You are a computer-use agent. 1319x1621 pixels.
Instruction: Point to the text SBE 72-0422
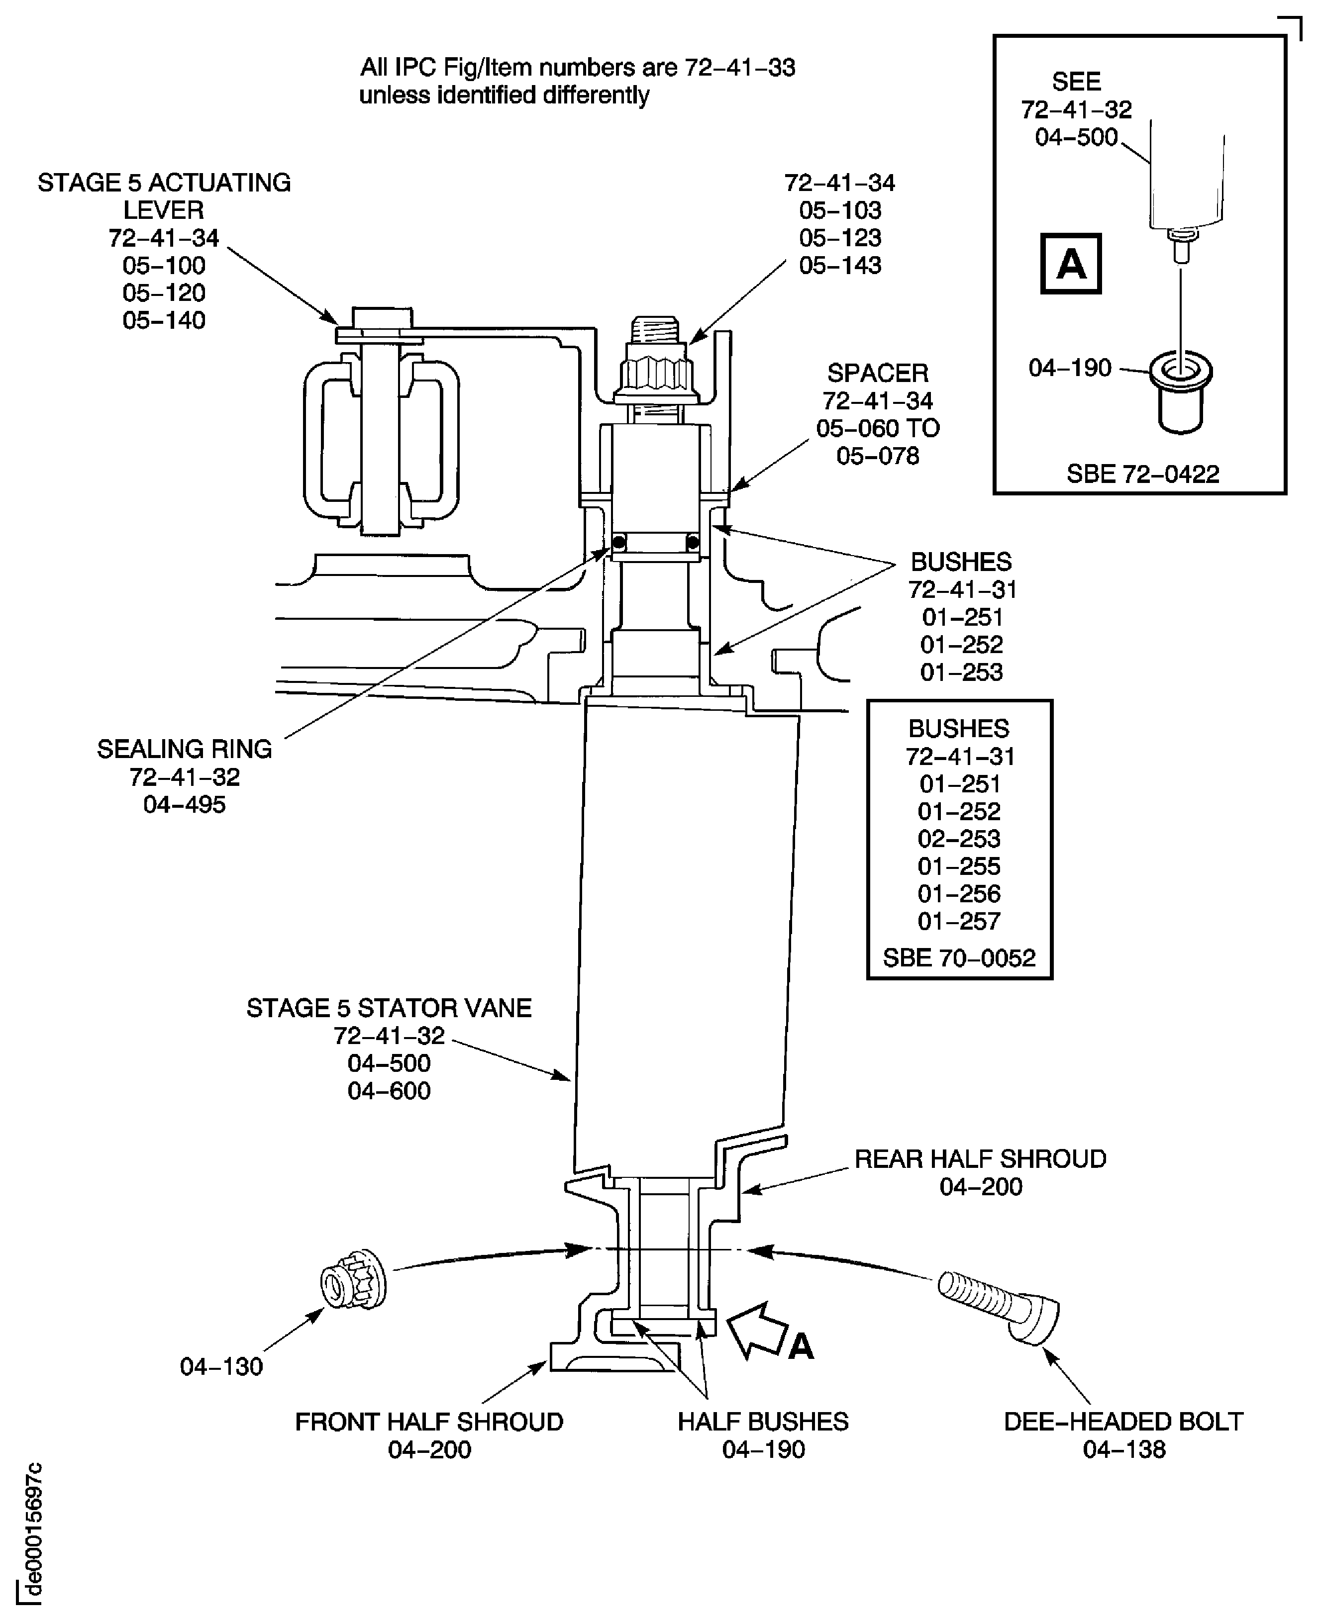[x=1142, y=474]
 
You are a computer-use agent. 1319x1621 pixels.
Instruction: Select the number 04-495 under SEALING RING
[x=185, y=804]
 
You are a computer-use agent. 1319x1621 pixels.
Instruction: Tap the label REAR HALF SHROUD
[x=980, y=1158]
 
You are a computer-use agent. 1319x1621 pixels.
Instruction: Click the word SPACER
[x=878, y=373]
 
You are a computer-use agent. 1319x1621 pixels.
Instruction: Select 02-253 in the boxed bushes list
[x=959, y=839]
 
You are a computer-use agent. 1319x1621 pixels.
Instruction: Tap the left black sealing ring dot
[x=619, y=542]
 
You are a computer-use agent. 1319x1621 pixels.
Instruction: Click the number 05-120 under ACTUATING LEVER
[x=164, y=292]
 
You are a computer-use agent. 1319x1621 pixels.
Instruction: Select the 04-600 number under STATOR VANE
[x=389, y=1090]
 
